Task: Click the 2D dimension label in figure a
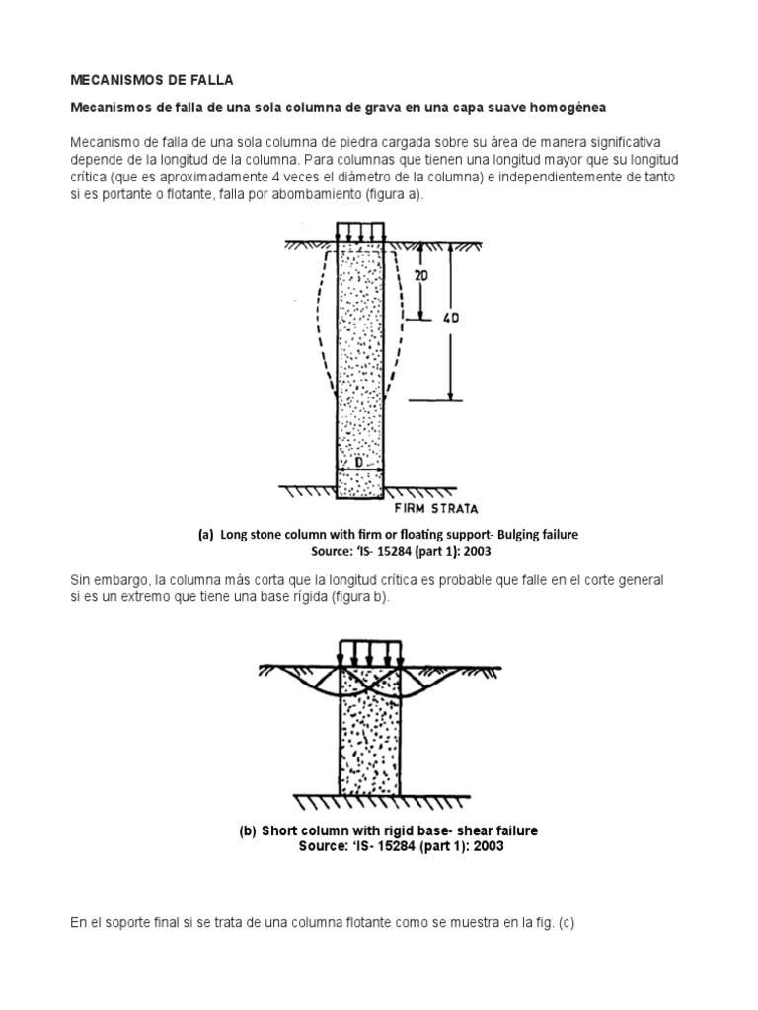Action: point(422,277)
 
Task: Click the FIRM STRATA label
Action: point(435,509)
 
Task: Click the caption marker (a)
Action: point(205,534)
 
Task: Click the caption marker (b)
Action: point(247,830)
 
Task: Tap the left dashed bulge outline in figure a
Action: point(314,325)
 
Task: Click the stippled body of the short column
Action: point(368,740)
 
